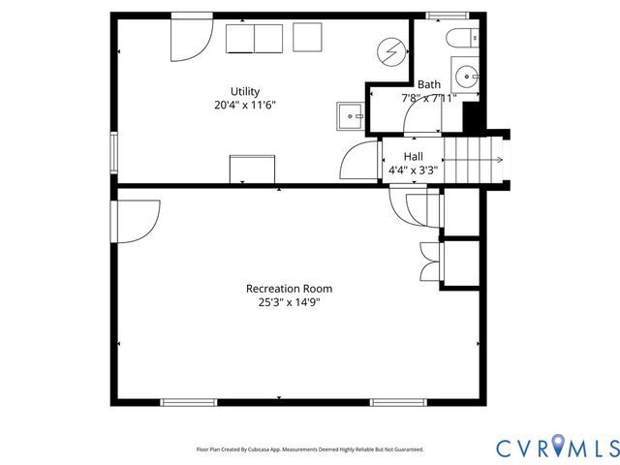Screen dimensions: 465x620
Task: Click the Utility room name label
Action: tap(244, 92)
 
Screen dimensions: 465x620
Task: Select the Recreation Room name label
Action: tap(289, 289)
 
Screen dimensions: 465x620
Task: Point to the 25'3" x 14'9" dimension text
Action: tap(289, 302)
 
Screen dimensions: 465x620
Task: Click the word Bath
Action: tap(428, 84)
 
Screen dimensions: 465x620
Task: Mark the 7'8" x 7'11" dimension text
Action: tap(428, 98)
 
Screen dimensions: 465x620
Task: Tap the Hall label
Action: tap(413, 156)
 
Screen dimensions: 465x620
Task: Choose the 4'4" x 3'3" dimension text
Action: tap(413, 170)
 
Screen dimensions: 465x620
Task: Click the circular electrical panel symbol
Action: tap(390, 49)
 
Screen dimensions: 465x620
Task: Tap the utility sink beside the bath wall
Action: tap(350, 116)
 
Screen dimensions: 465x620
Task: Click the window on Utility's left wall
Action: tap(114, 153)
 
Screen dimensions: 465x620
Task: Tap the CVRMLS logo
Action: tap(557, 447)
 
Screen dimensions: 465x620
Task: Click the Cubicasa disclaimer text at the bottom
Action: tap(310, 449)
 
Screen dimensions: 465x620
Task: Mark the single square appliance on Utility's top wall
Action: tap(308, 38)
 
